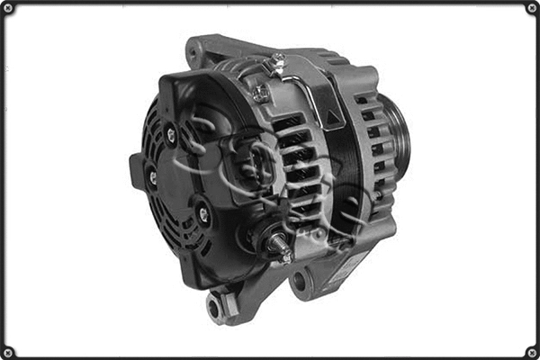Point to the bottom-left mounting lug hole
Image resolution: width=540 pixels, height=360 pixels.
(214, 307)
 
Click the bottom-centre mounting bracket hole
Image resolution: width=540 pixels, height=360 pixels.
(299, 282)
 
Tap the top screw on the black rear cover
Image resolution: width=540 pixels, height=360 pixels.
(171, 135)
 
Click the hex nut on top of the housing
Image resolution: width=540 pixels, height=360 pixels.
(261, 93)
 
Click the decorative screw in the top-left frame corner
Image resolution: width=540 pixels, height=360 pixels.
(8, 8)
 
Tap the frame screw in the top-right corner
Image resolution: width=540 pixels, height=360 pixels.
(531, 8)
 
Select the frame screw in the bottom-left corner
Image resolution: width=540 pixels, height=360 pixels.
(8, 351)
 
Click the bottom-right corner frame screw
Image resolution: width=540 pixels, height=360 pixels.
(531, 351)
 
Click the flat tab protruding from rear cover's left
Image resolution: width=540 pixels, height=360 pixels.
(137, 172)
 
